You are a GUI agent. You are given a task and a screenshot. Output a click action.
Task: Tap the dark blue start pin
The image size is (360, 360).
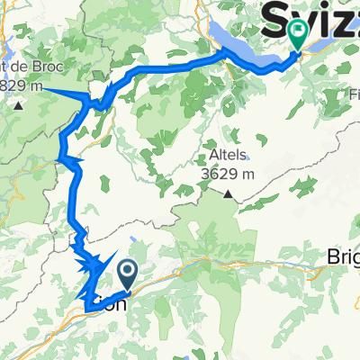[x=127, y=272]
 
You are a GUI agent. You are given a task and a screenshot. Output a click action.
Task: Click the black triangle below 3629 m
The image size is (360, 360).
[x=229, y=193]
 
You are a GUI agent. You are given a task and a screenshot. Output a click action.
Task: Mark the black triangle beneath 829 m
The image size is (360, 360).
[x=19, y=106]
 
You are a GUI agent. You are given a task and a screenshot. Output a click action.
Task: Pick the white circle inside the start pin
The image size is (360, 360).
[x=127, y=269]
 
